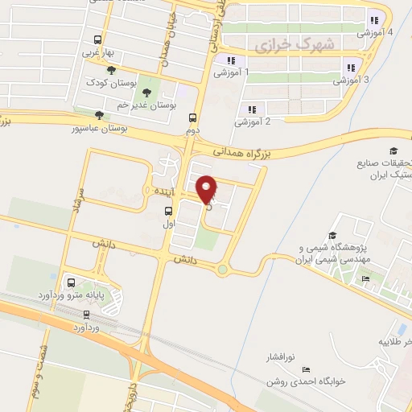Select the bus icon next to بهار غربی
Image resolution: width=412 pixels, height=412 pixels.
[97, 39]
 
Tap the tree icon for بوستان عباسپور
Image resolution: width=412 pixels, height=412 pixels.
[99, 115]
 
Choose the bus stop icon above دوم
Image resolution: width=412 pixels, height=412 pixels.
[192, 117]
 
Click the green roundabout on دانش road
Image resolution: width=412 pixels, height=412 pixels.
[221, 270]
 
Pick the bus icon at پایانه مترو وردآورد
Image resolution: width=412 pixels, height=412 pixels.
[72, 283]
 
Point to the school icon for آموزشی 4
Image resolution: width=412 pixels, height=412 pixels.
[373, 20]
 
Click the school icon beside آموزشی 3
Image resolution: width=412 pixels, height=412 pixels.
[349, 68]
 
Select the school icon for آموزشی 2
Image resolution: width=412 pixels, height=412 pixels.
[252, 109]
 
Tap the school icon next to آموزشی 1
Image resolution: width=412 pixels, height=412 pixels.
[230, 60]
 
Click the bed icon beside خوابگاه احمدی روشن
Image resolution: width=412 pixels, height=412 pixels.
[303, 369]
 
